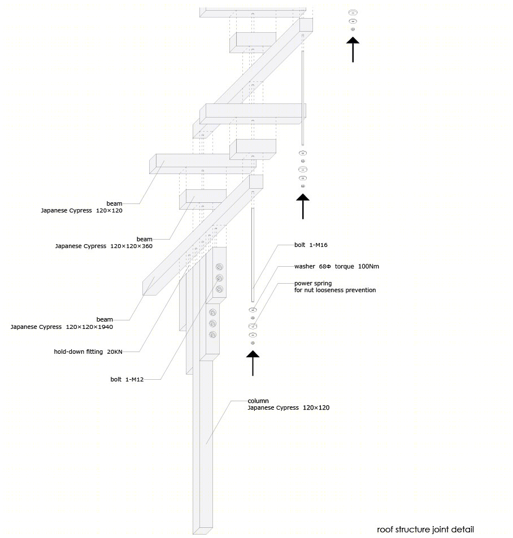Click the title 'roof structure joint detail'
(x=425, y=530)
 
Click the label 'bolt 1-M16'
(x=311, y=245)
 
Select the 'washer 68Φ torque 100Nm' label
(x=336, y=266)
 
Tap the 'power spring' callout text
(x=313, y=284)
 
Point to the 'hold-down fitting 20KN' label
(x=88, y=352)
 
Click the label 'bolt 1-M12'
(x=127, y=379)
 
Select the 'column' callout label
(x=258, y=401)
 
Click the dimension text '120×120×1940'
(x=89, y=327)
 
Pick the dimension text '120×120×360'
(x=131, y=246)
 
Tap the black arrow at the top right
(x=353, y=49)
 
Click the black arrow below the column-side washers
(x=253, y=363)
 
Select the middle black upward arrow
(x=303, y=206)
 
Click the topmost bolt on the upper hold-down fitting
(x=219, y=267)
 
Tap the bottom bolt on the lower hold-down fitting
(x=212, y=335)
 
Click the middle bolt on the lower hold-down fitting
(x=212, y=324)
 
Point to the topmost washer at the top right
(x=353, y=12)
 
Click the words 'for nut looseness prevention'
(x=335, y=290)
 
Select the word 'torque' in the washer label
(x=344, y=266)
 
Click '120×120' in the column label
(x=316, y=407)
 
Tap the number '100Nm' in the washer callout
(x=368, y=266)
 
